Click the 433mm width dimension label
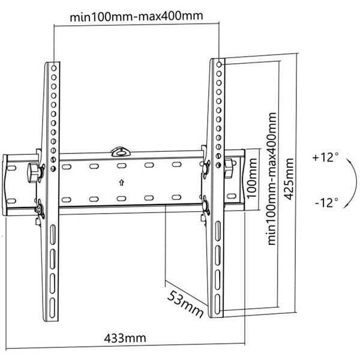(x=125, y=338)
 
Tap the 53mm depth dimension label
(x=185, y=304)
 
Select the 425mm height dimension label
(x=289, y=179)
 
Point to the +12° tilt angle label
(x=325, y=157)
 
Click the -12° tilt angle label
(x=326, y=203)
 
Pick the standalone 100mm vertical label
(x=252, y=178)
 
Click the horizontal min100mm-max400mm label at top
(x=136, y=16)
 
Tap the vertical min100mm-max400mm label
(x=272, y=179)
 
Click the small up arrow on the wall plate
(x=122, y=183)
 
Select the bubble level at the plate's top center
(x=121, y=152)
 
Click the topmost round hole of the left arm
(x=54, y=68)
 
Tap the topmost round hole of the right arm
(x=219, y=65)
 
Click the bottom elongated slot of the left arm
(x=53, y=308)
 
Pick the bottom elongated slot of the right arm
(x=217, y=304)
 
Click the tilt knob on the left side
(x=34, y=173)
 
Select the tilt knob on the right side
(x=229, y=168)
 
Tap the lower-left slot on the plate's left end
(x=11, y=201)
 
